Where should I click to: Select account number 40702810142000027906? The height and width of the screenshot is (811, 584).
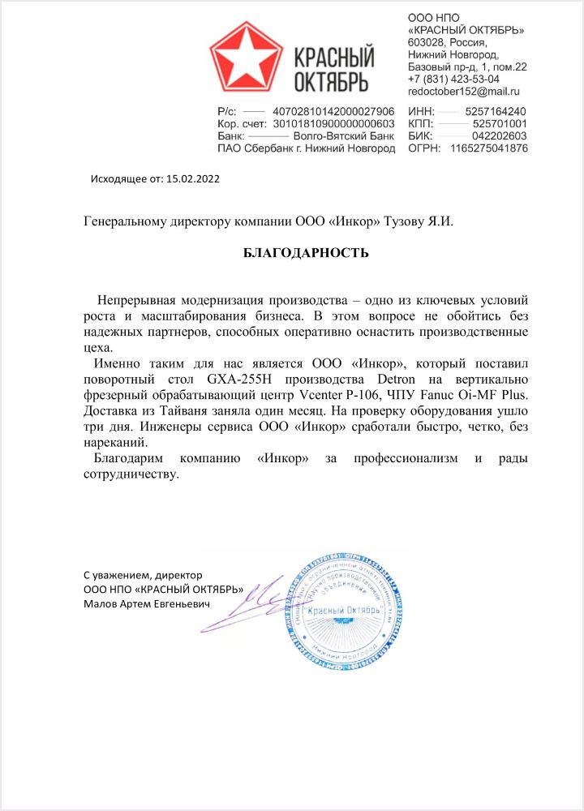(333, 111)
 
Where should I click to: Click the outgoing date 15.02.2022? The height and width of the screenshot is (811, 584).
(192, 178)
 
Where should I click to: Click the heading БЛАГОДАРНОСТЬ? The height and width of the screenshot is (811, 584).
(306, 253)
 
